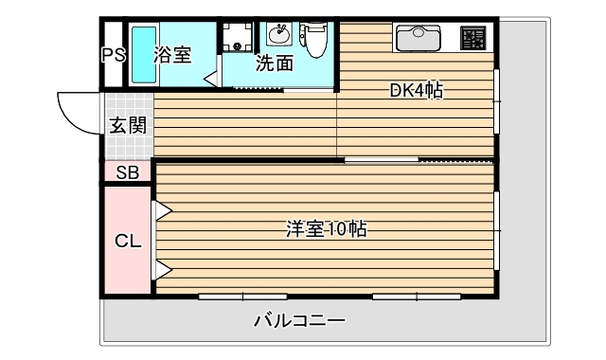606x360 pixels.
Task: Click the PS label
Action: (114, 55)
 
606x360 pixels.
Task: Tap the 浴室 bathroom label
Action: (172, 54)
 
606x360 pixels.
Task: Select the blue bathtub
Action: (142, 57)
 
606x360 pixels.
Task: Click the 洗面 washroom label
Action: (274, 63)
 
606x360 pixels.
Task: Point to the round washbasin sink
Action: (279, 36)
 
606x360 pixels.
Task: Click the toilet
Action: (314, 39)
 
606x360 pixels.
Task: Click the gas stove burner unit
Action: (473, 39)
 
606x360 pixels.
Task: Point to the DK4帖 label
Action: (417, 91)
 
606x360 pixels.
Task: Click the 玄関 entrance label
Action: (127, 124)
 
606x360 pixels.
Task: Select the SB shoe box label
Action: (127, 172)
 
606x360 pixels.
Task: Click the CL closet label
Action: (128, 240)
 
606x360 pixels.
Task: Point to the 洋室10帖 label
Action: (326, 229)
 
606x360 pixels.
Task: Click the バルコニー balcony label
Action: (299, 320)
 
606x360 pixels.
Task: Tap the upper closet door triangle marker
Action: (162, 210)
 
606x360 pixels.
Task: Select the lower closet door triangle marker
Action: (162, 271)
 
